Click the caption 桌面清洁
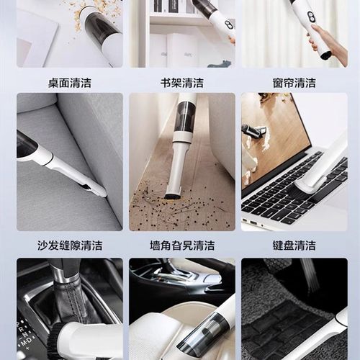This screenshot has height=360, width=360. click(x=69, y=82)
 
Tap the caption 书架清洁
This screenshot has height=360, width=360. click(x=181, y=82)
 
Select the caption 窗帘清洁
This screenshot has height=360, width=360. click(x=294, y=82)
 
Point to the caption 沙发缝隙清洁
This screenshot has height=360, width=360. click(x=69, y=246)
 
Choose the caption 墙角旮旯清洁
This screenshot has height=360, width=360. click(x=181, y=246)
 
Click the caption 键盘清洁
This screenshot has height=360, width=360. click(x=294, y=246)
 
